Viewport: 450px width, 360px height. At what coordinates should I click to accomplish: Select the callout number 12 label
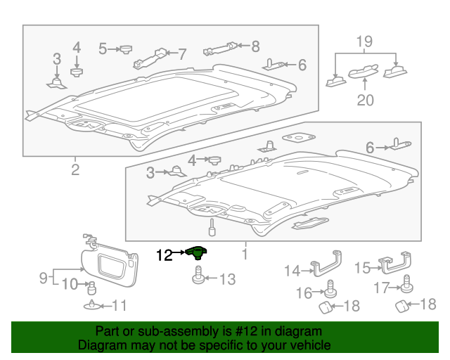pyautogui.click(x=163, y=255)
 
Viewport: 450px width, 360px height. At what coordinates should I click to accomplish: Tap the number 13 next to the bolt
pyautogui.click(x=227, y=280)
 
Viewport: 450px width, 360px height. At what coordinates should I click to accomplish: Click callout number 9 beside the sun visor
pyautogui.click(x=42, y=278)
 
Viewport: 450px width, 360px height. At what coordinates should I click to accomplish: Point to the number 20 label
pyautogui.click(x=365, y=100)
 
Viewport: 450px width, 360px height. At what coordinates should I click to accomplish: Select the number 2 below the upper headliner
pyautogui.click(x=75, y=169)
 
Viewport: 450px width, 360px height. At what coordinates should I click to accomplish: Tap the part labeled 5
pyautogui.click(x=127, y=49)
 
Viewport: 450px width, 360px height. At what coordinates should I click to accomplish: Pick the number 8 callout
pyautogui.click(x=255, y=46)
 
